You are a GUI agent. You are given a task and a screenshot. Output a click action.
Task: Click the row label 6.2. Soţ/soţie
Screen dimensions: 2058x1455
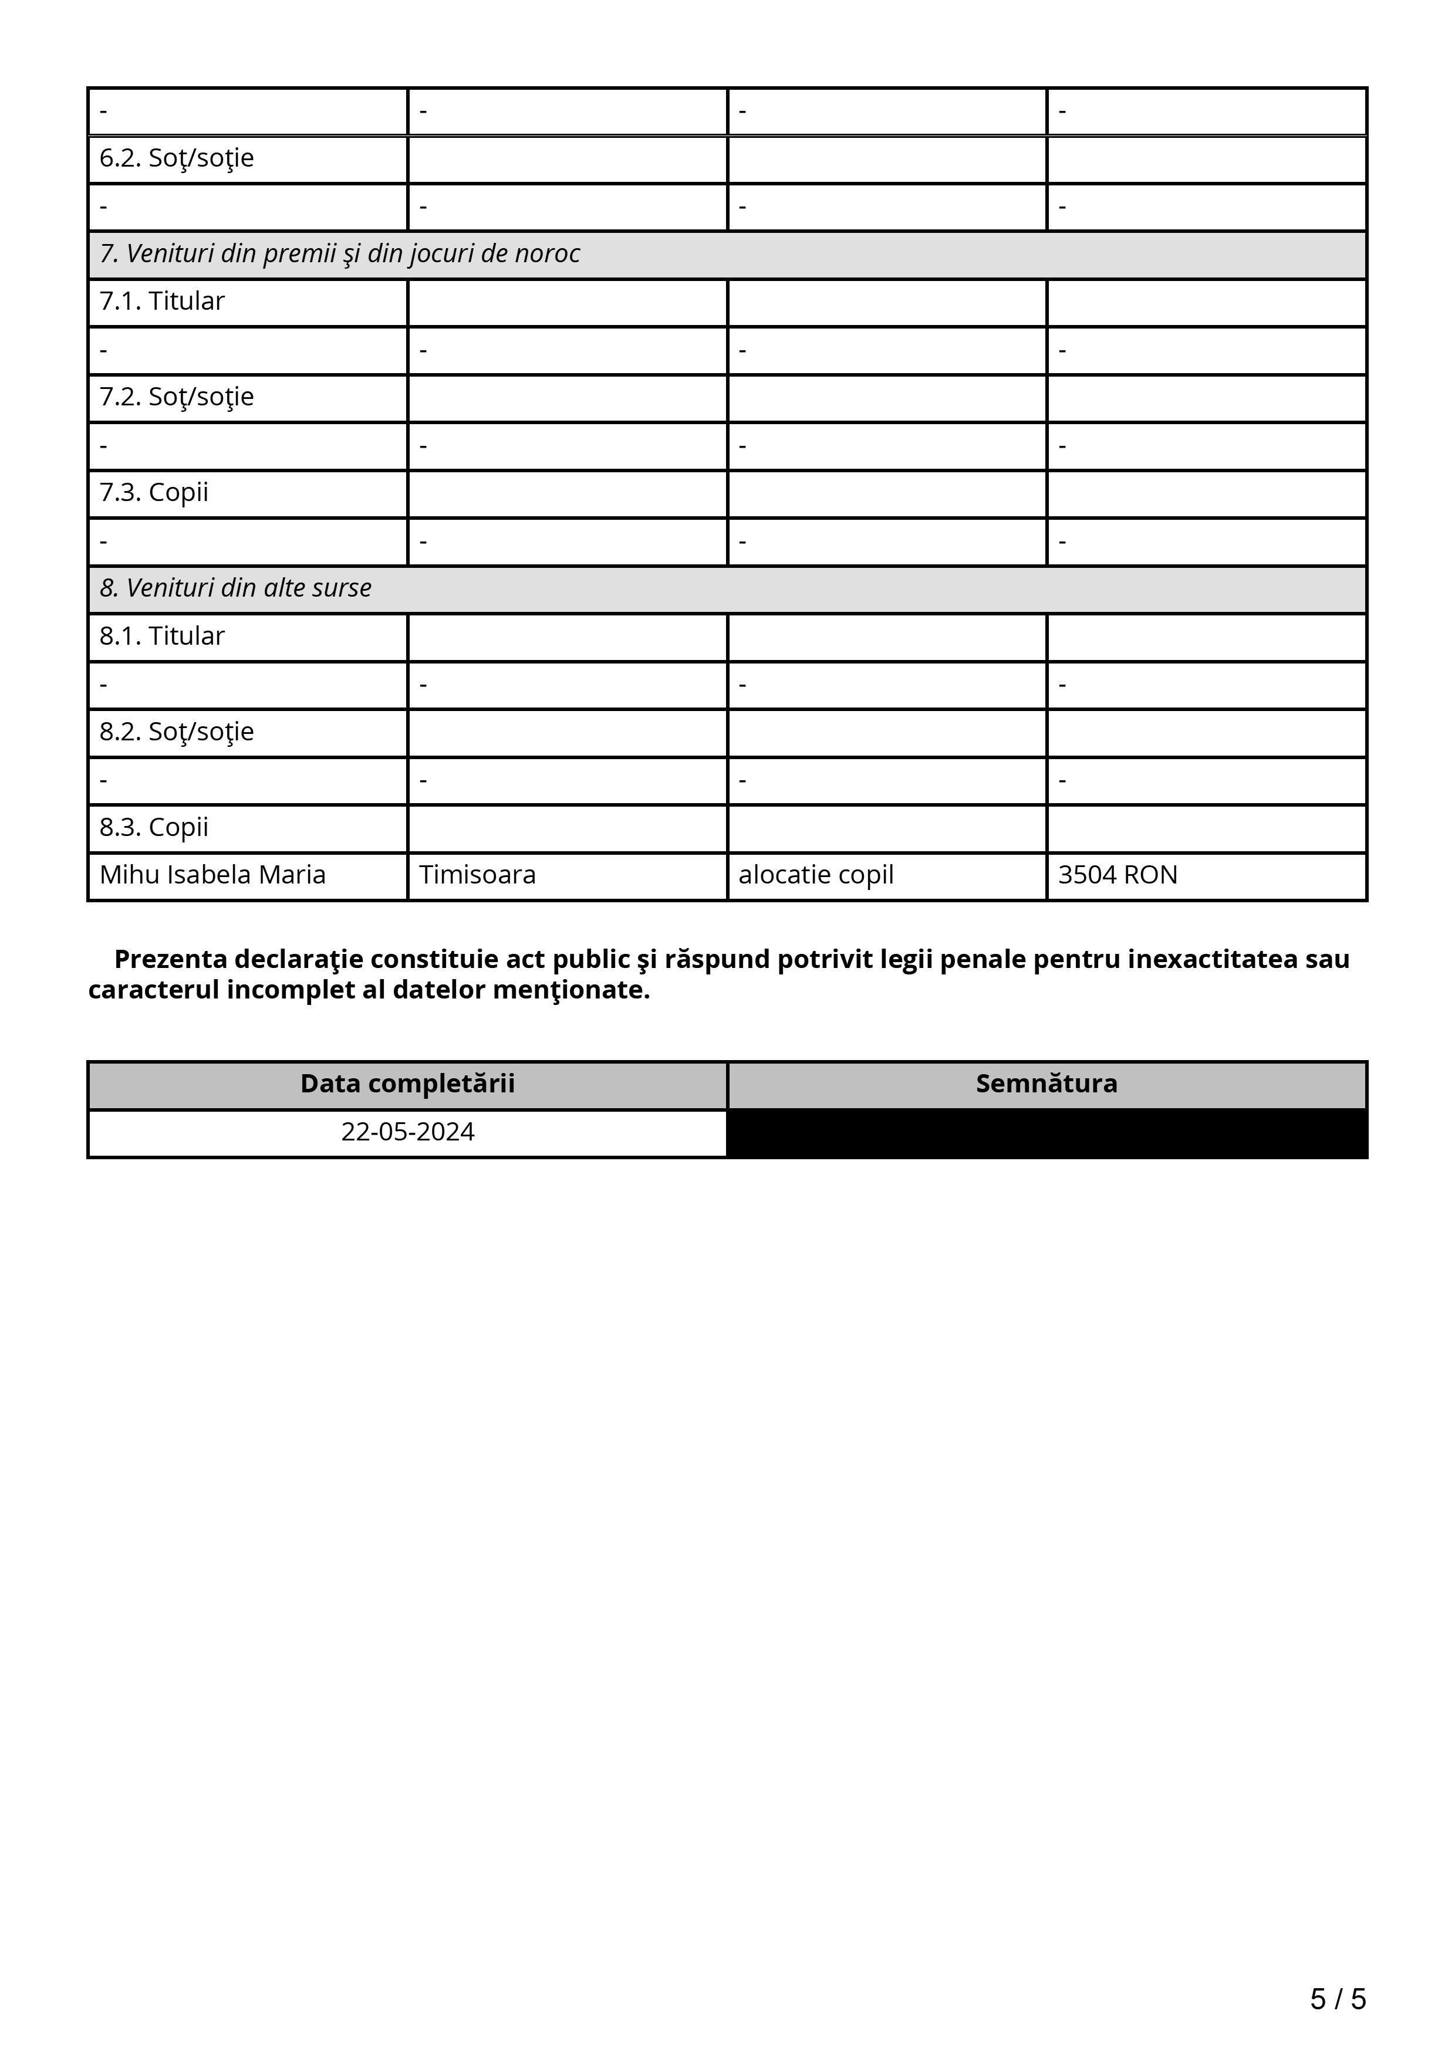coord(177,158)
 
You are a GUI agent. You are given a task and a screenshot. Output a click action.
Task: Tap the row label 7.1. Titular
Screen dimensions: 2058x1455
coord(161,302)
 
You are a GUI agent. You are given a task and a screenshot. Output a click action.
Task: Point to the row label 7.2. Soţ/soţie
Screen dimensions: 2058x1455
coord(177,397)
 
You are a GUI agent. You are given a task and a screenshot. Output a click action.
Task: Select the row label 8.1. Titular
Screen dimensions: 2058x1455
coord(161,637)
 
